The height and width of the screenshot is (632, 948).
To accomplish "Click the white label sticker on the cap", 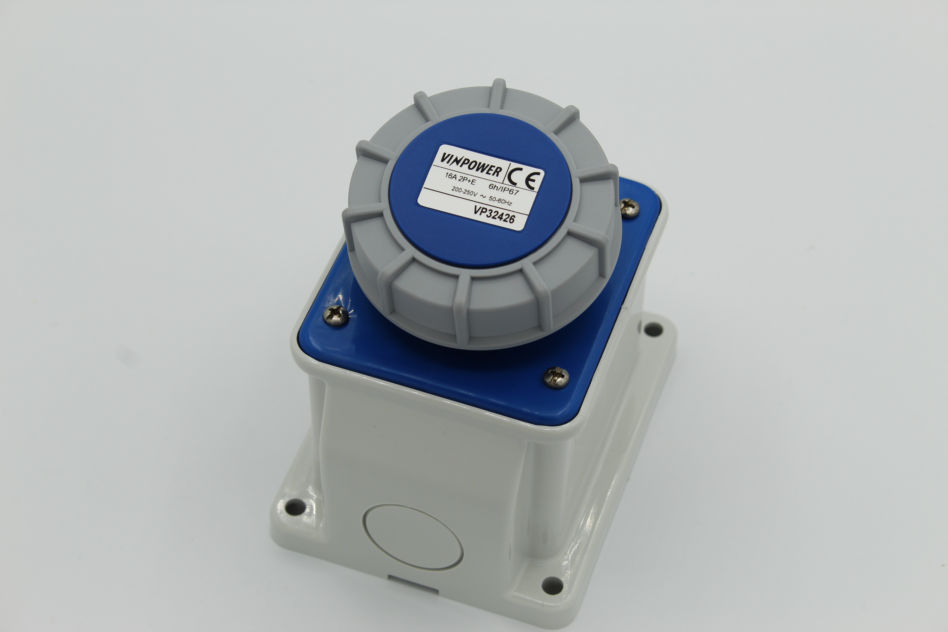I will pyautogui.click(x=480, y=188).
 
